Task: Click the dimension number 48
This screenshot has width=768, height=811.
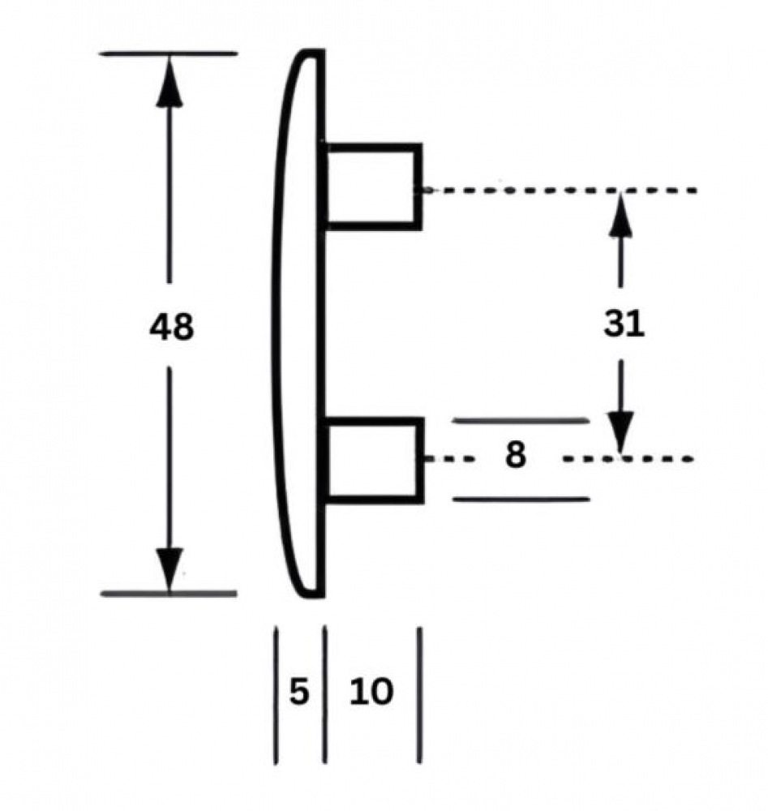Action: [171, 326]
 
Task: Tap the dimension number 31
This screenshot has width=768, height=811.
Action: [624, 324]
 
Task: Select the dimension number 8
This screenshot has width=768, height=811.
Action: [515, 455]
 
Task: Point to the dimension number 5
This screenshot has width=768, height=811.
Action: [299, 691]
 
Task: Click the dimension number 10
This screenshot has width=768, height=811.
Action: [371, 691]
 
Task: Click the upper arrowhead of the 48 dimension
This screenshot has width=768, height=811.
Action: [169, 80]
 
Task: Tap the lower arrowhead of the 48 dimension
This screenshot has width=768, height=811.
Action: [169, 569]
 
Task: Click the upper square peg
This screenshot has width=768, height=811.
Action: [373, 187]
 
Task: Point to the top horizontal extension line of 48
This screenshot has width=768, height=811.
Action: [169, 54]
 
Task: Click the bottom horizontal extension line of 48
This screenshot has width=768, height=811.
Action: [169, 594]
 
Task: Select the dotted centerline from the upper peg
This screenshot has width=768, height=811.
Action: [560, 191]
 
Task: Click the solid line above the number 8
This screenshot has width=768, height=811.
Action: [521, 420]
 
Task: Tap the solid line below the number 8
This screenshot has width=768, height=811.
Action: [521, 499]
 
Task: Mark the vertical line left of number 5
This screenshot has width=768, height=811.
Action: [276, 695]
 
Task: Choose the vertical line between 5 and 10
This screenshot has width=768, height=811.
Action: [324, 694]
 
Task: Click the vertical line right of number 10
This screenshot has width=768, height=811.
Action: [419, 695]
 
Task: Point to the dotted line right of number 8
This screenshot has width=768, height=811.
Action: [628, 459]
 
